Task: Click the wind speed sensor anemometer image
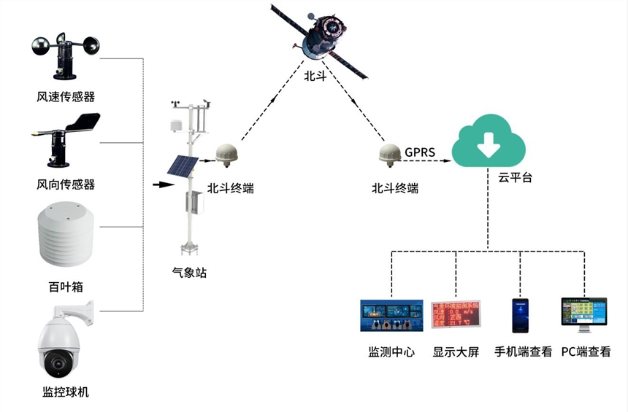[66, 57]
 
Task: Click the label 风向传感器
[66, 183]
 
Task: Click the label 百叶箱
[66, 287]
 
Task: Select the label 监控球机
[66, 392]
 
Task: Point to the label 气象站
[188, 273]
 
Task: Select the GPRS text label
[420, 152]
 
